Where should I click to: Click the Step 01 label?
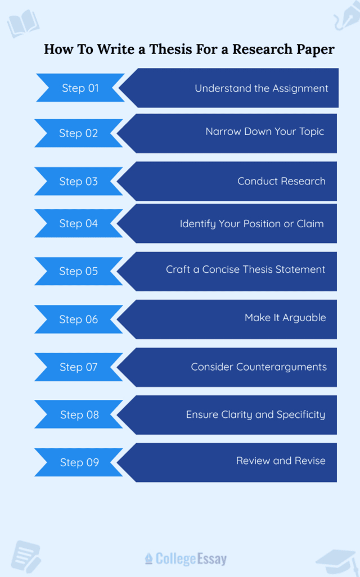pos(80,88)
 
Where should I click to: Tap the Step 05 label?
pos(78,271)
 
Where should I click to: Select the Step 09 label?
pos(79,462)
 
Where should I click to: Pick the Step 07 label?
pos(79,367)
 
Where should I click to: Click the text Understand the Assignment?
pos(262,88)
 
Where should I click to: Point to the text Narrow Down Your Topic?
pos(264,132)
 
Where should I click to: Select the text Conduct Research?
pos(281,181)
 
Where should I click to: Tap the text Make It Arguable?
pos(285,318)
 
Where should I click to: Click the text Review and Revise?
pos(281,461)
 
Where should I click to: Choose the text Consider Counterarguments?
pos(259,367)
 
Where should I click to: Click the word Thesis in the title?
pos(171,49)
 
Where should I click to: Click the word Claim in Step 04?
pos(310,223)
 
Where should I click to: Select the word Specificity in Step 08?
pos(301,414)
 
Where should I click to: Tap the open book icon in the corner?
pos(23,23)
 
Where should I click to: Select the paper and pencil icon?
pos(25,556)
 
